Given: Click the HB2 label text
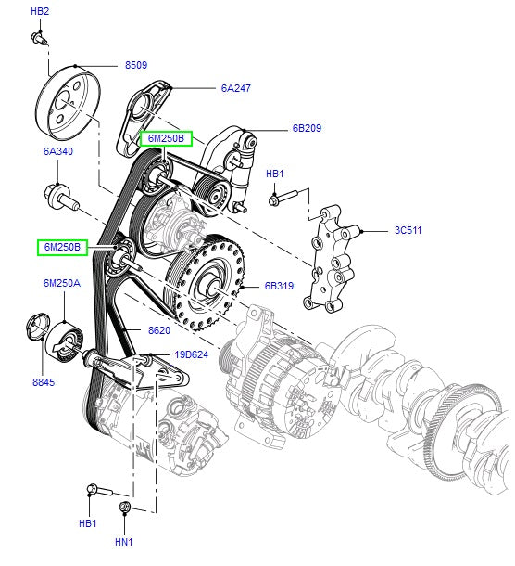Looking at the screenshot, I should [x=40, y=11].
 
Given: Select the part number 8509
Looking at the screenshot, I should [x=136, y=65].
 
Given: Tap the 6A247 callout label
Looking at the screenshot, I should [x=235, y=88].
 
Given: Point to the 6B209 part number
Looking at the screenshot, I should [x=306, y=128].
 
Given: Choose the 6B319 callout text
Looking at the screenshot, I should [x=279, y=286].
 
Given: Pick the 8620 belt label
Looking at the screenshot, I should [x=159, y=329].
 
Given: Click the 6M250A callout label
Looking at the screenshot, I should [x=62, y=283].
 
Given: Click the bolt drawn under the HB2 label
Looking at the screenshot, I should [x=38, y=36].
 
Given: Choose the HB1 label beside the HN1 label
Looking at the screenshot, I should [x=88, y=524].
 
